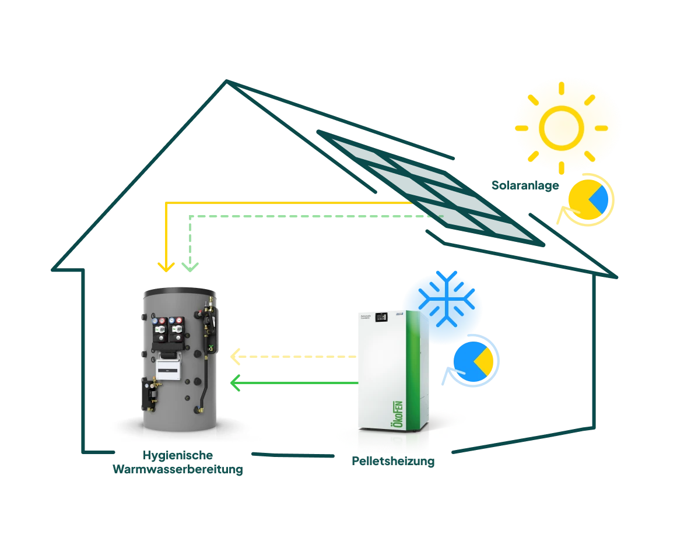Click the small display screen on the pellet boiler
click(x=381, y=317)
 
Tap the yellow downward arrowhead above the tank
click(x=167, y=268)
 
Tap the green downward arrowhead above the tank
click(x=190, y=268)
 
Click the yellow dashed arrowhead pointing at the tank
click(x=235, y=356)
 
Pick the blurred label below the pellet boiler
click(x=392, y=461)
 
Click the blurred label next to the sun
click(x=525, y=187)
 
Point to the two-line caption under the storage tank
click(x=177, y=463)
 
